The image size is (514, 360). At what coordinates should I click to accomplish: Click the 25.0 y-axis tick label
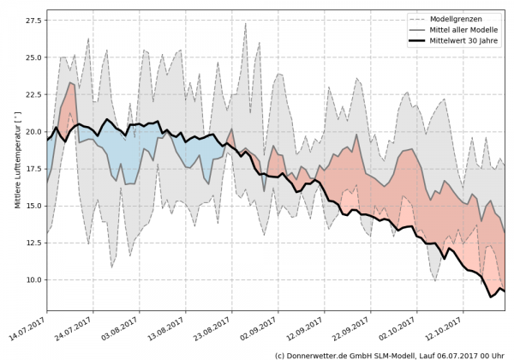click(33, 57)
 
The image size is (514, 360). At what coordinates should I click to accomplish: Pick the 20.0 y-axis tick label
click(33, 132)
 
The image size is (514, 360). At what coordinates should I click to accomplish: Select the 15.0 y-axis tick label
click(33, 206)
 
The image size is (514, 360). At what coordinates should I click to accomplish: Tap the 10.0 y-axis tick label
click(33, 280)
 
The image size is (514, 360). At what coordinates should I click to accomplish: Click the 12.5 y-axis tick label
click(33, 243)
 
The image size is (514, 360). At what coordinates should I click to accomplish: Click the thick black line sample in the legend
click(418, 40)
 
